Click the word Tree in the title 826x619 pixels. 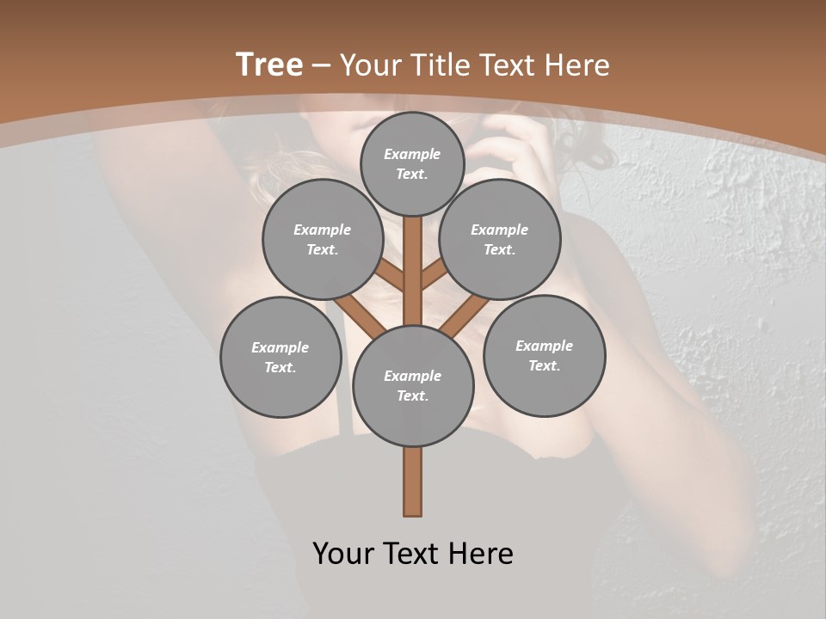pyautogui.click(x=269, y=64)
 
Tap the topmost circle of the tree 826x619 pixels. pyautogui.click(x=412, y=164)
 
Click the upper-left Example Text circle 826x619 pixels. pyautogui.click(x=323, y=240)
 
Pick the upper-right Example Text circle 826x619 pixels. pyautogui.click(x=500, y=240)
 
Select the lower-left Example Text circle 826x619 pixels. pyautogui.click(x=280, y=357)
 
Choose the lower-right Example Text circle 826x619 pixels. pyautogui.click(x=545, y=355)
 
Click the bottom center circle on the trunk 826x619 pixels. pyautogui.click(x=413, y=386)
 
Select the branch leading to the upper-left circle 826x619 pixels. pyautogui.click(x=391, y=277)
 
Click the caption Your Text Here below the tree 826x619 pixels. pyautogui.click(x=413, y=554)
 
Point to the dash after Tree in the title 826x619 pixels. pyautogui.click(x=322, y=65)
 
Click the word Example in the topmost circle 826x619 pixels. pyautogui.click(x=412, y=154)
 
